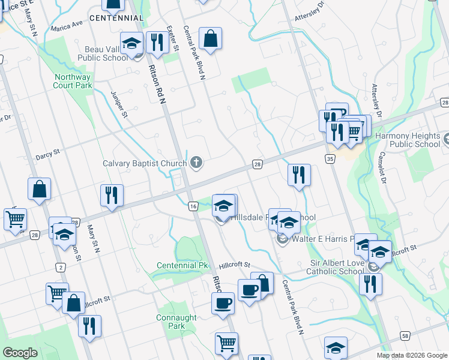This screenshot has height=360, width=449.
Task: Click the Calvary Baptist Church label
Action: coord(145,163)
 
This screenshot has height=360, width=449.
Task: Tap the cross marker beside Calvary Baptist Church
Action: coord(196,162)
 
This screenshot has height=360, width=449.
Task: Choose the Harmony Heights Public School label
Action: coord(407,140)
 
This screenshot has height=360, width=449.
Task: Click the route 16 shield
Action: coord(193,206)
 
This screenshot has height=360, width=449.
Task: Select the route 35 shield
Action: coord(330,158)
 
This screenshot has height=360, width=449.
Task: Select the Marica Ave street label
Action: coord(67,26)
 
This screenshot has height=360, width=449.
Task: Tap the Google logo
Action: coord(20,353)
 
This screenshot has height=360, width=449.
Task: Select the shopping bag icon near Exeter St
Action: coord(211,38)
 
